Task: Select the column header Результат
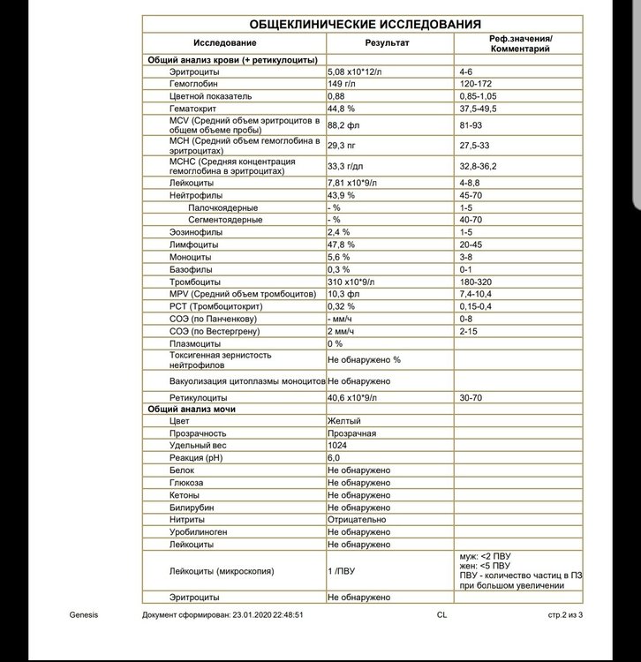coord(388,43)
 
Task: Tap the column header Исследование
coord(227,43)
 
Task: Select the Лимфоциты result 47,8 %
coord(342,244)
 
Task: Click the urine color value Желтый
coord(344,422)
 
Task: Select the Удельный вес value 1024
coord(338,447)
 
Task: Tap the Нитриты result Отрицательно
coord(357,520)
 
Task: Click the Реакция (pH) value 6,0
coord(335,459)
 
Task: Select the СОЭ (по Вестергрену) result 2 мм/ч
coord(343,330)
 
